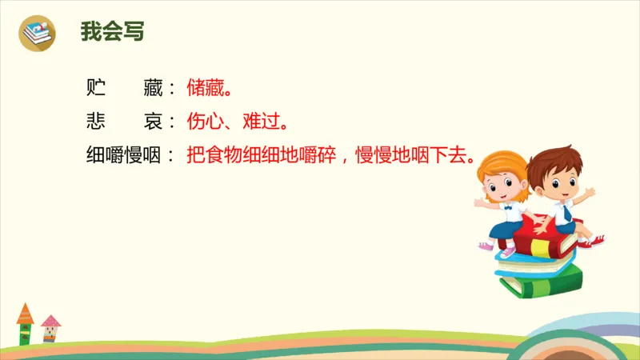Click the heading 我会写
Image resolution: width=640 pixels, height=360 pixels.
coord(112,32)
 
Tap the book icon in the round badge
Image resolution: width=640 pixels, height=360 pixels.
coord(37,33)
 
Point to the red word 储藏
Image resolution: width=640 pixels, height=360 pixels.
coord(205,86)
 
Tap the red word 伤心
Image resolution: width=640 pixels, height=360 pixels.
coord(203,121)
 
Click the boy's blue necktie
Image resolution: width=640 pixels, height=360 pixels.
coord(565,212)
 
